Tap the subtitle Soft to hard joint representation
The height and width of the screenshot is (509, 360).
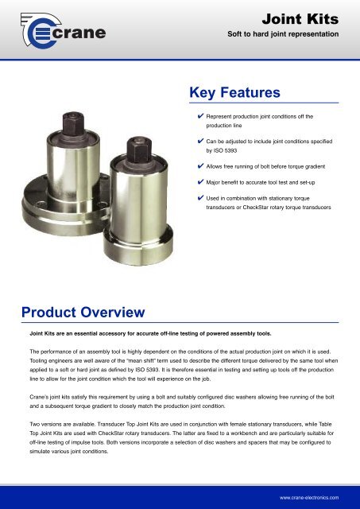pos(284,35)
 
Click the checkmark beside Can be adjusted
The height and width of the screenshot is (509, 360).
pos(199,140)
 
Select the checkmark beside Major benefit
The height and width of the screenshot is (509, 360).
pos(199,182)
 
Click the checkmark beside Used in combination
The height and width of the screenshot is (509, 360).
pos(199,198)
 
